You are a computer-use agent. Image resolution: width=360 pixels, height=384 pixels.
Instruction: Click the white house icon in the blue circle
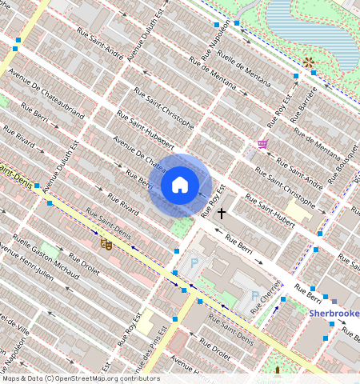pos(180,186)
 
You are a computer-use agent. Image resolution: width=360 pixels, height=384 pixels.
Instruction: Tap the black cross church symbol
pos(222,214)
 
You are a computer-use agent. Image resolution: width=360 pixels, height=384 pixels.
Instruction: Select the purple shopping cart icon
pos(262,144)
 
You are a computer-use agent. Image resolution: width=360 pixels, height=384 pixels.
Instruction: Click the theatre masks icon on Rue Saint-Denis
pos(105,244)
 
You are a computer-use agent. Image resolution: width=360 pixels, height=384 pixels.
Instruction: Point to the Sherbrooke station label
pos(334,314)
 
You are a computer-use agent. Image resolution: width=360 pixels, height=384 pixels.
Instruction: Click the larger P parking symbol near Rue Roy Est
pos(193,263)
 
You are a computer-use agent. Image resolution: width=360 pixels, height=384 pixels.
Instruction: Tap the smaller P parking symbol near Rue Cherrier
pos(255,296)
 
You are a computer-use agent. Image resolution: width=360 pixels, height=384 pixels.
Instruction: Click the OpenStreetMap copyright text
pos(80,378)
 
